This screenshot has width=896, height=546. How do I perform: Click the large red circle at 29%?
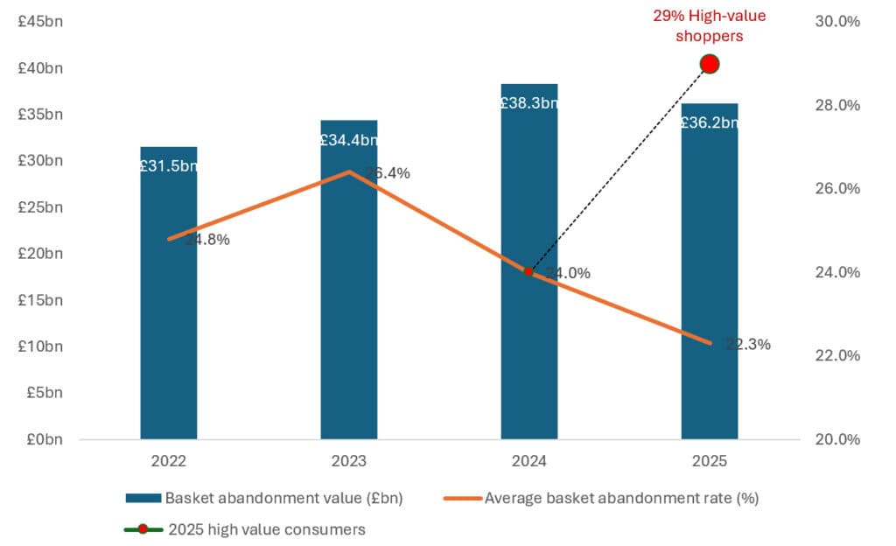click(x=710, y=64)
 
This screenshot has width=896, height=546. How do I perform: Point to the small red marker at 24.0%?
click(x=528, y=272)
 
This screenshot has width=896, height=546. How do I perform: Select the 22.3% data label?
click(x=748, y=345)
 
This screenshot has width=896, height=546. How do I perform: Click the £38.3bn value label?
click(x=528, y=103)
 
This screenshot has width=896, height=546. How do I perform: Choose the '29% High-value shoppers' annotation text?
click(x=710, y=25)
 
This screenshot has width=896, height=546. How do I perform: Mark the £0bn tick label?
click(x=44, y=439)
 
